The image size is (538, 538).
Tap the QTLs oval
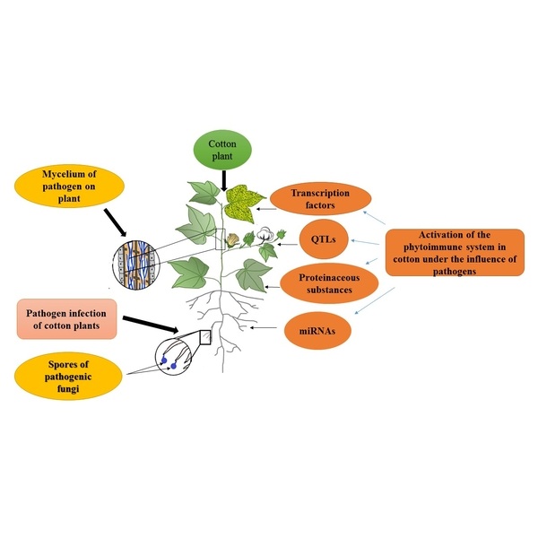coord(323,239)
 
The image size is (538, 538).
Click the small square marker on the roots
coord(204,336)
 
